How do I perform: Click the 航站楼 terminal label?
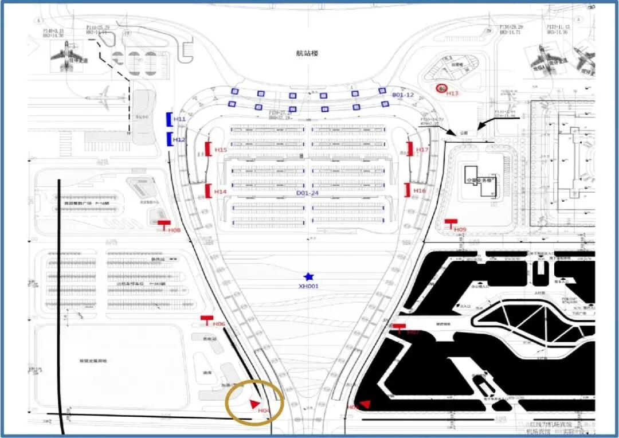(307, 53)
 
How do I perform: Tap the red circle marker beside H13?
(441, 88)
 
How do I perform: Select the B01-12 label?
(402, 95)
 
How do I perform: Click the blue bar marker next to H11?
(169, 119)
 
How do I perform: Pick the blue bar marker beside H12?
(169, 139)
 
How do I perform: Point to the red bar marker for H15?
(208, 149)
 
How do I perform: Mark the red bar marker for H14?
(208, 190)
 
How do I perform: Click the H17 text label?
(422, 150)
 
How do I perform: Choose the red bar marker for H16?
(407, 190)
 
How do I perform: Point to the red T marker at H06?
(206, 319)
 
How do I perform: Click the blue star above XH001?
(309, 277)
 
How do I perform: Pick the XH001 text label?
(309, 286)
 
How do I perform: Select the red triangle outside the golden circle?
(365, 405)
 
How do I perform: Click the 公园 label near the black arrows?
(463, 132)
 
